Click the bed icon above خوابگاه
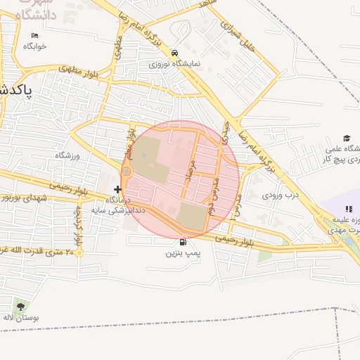pyautogui.click(x=34, y=36)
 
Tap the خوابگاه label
pyautogui.click(x=34, y=46)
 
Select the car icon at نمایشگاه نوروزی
pyautogui.click(x=174, y=52)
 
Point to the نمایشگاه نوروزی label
pyautogui.click(x=174, y=63)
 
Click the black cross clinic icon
pyautogui.click(x=117, y=189)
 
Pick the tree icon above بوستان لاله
pyautogui.click(x=20, y=306)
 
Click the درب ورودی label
pyautogui.click(x=281, y=195)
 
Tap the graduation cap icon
pyautogui.click(x=347, y=138)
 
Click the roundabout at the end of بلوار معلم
pyautogui.click(x=127, y=171)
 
